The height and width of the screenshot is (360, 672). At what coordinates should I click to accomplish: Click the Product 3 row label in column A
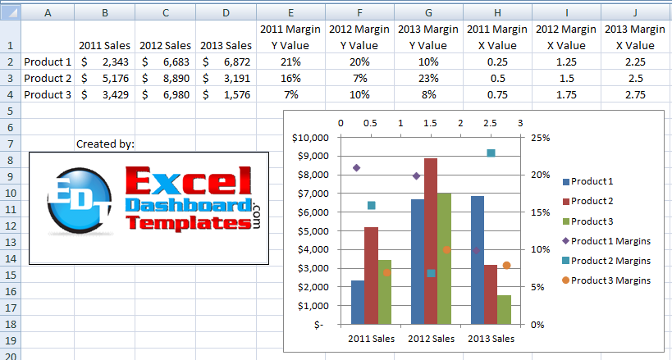pos(48,94)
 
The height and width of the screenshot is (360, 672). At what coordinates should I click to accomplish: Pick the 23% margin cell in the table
pos(428,78)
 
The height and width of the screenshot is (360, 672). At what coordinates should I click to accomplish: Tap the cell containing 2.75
pos(636,94)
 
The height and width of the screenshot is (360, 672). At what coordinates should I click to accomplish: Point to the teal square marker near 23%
pos(491,153)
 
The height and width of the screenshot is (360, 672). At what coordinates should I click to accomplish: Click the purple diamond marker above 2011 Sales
pos(356,168)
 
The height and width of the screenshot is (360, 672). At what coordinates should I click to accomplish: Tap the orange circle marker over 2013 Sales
pos(507,266)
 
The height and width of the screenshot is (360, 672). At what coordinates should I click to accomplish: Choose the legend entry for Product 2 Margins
pos(610,261)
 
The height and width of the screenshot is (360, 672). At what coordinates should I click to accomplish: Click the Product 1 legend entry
pos(592,181)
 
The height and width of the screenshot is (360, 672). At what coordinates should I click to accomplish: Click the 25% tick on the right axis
pos(539,138)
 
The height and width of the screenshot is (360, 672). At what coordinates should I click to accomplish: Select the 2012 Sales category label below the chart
pos(432,338)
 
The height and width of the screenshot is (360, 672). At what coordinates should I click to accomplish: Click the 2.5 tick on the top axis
pos(490,123)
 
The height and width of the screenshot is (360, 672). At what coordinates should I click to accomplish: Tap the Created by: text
pos(105,144)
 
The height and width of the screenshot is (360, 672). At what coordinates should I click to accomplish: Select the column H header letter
pos(497,13)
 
